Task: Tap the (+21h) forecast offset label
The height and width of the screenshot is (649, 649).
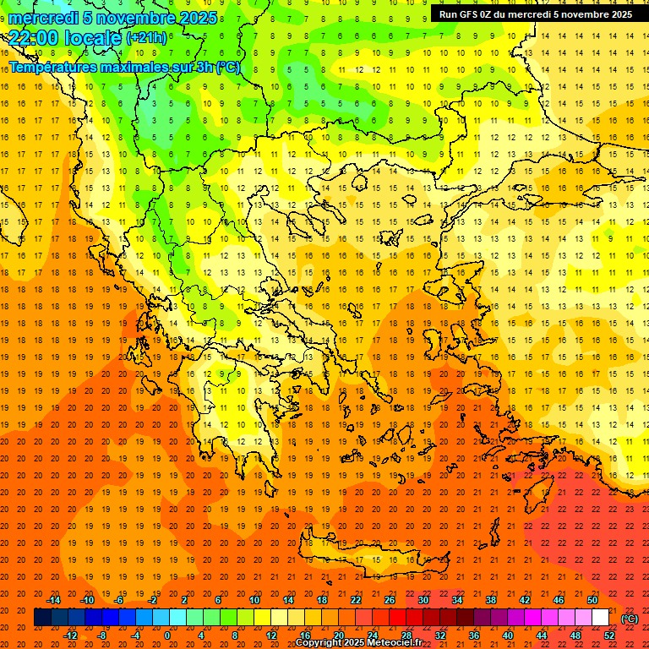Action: click(146, 38)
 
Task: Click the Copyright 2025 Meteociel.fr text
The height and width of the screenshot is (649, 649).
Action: click(358, 643)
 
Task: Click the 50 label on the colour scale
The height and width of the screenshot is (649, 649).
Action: click(592, 600)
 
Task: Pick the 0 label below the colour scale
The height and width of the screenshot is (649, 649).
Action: click(167, 635)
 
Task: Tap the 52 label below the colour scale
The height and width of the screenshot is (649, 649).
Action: click(609, 635)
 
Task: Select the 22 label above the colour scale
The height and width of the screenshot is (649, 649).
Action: click(356, 600)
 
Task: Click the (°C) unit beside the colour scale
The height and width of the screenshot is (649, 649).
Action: click(630, 619)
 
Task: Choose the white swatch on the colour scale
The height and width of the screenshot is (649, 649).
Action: click(600, 618)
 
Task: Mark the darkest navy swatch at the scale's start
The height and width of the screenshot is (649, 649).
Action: click(42, 618)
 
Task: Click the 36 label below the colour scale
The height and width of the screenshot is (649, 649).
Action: click(473, 635)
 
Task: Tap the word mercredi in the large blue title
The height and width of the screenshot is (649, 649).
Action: click(42, 18)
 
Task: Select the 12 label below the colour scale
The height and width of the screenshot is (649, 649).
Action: click(271, 635)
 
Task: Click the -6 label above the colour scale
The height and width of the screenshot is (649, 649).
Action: click(119, 600)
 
